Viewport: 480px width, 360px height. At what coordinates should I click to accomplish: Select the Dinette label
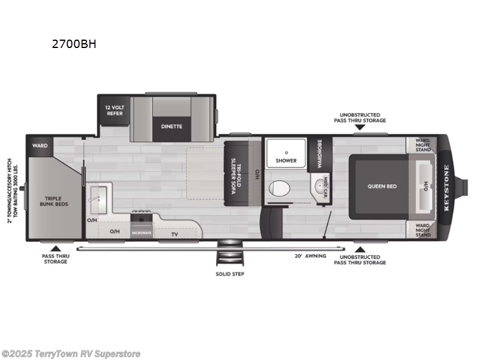(171, 126)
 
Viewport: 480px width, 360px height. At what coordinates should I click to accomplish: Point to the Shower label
(286, 161)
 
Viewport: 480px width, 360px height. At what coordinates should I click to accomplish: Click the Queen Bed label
(382, 186)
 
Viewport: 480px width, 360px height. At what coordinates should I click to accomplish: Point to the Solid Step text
(230, 274)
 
